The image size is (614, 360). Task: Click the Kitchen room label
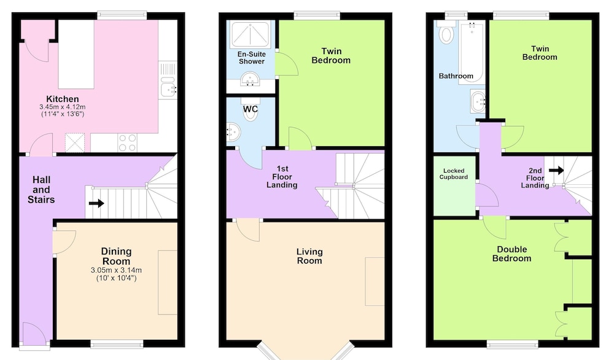63,99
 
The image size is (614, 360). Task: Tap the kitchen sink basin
168,87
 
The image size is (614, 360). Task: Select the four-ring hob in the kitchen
128,143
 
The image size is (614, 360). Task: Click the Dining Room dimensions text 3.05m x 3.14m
116,270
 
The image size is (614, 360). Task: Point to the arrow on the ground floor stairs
96,203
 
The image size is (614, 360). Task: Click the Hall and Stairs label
41,190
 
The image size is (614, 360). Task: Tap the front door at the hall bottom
35,335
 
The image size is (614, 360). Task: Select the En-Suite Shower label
251,58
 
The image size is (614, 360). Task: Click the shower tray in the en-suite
251,34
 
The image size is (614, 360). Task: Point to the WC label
251,109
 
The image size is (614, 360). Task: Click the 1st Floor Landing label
282,177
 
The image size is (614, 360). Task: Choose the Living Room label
309,256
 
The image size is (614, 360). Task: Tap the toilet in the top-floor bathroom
446,33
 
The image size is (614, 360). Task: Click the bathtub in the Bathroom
472,52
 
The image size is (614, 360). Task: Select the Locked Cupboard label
454,174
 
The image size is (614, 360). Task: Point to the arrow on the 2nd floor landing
556,170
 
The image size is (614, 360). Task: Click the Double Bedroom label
512,254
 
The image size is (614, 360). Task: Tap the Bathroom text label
456,76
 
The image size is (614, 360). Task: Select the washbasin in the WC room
233,132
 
